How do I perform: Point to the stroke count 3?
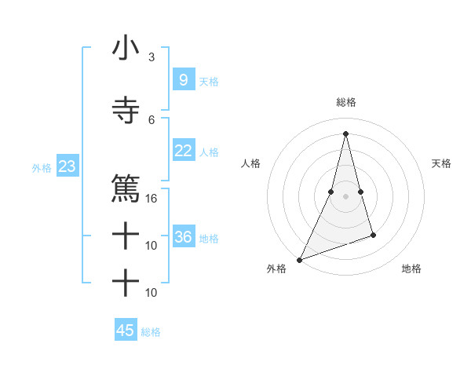tap(152, 57)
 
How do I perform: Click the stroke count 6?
tap(152, 119)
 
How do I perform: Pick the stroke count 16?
tap(152, 198)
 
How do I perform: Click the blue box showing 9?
tap(183, 79)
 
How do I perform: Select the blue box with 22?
tap(183, 151)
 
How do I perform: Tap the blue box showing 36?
tap(183, 237)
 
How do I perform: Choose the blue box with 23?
tap(67, 166)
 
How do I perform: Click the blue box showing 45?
tap(125, 331)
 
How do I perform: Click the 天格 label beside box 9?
tap(208, 81)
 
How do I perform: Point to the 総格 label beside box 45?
tap(151, 332)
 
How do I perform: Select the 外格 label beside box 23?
tap(42, 167)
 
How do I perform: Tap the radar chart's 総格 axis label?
tap(345, 102)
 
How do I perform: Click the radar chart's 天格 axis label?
tap(442, 163)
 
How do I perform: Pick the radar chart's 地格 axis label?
tap(411, 269)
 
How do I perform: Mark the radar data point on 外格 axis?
tap(299, 260)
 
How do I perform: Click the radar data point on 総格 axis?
tap(345, 133)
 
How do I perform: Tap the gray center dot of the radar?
tap(345, 196)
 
